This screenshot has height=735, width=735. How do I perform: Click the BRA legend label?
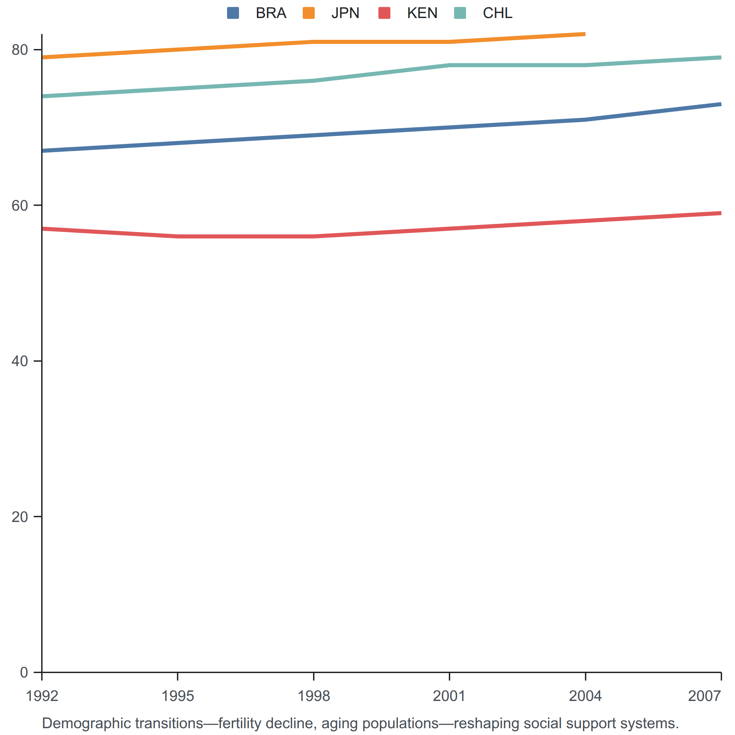coord(271,13)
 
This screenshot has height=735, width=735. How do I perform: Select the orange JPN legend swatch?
coord(309,13)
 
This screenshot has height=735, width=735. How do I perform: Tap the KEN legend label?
coord(422,13)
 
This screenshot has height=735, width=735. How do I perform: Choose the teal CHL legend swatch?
coord(460,13)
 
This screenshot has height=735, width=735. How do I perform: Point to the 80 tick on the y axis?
coord(20,50)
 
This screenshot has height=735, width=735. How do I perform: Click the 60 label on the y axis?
coord(20,206)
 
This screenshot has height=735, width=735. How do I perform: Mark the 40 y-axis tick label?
coord(20,361)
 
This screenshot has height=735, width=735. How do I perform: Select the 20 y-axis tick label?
coord(20,517)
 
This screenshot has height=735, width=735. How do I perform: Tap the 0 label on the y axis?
coord(24,672)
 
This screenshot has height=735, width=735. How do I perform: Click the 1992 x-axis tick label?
coord(42,696)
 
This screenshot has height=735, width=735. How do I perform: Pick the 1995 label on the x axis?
coord(178,696)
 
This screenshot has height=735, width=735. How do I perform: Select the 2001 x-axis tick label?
coord(449,696)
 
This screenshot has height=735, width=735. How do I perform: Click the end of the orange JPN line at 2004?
coord(585,34)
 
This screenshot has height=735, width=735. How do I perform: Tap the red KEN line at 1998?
coord(313,236)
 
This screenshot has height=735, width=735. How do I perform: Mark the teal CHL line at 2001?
coord(450,65)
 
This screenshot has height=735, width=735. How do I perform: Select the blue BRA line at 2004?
coord(586,120)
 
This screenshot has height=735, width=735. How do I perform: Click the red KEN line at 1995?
coord(178,236)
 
